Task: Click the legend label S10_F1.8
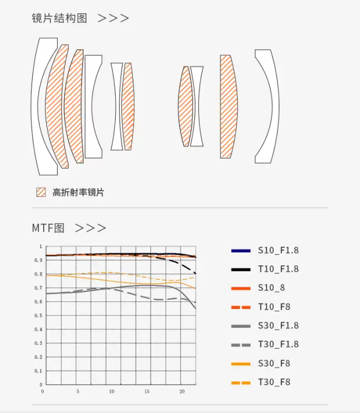278,250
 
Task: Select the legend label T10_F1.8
278,269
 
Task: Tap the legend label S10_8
271,288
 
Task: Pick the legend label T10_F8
274,307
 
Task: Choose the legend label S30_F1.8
278,326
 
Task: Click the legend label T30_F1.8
278,344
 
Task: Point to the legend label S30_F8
274,363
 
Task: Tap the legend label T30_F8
274,382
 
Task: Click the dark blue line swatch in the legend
241,251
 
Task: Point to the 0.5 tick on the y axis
39,316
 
